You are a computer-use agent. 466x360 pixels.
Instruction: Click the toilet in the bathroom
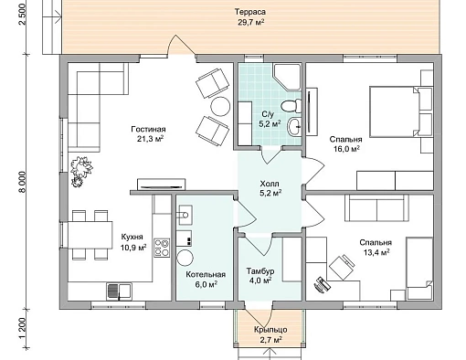tap(291, 106)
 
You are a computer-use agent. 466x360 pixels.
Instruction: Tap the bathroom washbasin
tap(295, 126)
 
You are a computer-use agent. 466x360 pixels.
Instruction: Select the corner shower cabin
tap(287, 77)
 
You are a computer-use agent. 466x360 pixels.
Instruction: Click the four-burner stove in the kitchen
tap(162, 248)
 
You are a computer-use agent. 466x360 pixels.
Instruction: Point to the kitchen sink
tap(120, 291)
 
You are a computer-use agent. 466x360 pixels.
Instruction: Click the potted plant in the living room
tap(80, 171)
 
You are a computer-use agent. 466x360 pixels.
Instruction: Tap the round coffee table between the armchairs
tap(220, 106)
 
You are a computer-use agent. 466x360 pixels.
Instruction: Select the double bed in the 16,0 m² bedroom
tap(401, 111)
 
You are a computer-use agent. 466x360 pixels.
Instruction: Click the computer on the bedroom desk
tap(322, 284)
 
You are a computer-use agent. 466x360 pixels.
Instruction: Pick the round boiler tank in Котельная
tap(185, 259)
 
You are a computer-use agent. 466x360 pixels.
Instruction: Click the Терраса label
tap(250, 12)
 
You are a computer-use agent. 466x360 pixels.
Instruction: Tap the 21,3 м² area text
tap(151, 139)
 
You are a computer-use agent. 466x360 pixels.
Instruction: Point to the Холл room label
tap(270, 184)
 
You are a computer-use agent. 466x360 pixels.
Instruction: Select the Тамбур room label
tap(260, 270)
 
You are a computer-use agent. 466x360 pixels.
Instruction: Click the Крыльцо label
tap(270, 330)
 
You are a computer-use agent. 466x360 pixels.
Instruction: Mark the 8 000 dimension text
tap(25, 184)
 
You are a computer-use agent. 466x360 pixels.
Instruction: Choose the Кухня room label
tap(132, 237)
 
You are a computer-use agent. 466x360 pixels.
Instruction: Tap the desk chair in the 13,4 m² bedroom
tap(342, 267)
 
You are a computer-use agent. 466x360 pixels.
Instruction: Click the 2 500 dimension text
tap(25, 15)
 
